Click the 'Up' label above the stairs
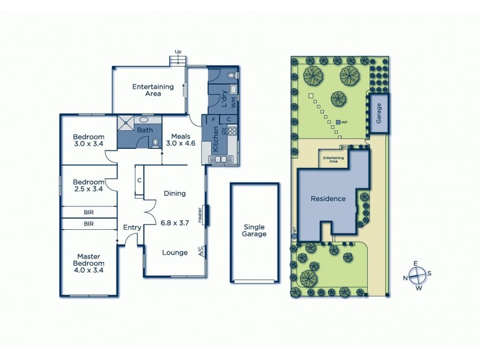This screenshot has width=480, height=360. point(178,52)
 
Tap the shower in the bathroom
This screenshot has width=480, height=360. point(127,123)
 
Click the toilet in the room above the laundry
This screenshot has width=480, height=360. point(232,76)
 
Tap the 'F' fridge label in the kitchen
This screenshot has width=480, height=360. point(213,119)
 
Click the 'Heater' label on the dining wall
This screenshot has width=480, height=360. point(199,214)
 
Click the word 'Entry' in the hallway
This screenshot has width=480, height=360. point(131,227)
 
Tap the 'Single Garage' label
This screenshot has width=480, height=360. point(254,230)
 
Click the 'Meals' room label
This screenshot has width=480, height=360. point(177,136)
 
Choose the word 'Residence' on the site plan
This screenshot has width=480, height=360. point(328,199)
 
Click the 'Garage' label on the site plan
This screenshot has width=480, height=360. point(379,114)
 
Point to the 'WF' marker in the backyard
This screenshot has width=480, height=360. point(344,122)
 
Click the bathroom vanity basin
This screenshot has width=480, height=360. point(145,119)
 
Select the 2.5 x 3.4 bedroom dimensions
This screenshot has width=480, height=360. point(88,189)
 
